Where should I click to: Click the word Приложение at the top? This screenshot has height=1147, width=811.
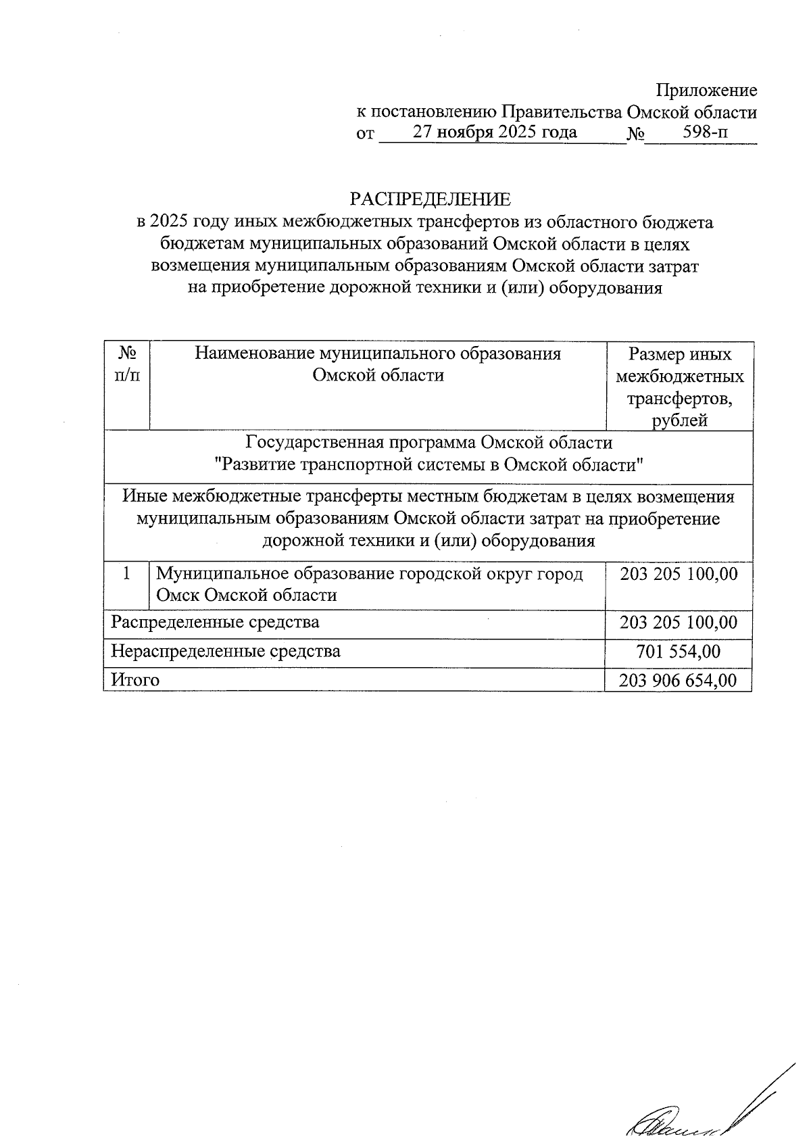(x=706, y=91)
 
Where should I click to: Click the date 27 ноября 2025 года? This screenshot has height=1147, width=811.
(x=495, y=132)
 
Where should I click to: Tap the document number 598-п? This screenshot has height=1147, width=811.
(x=706, y=132)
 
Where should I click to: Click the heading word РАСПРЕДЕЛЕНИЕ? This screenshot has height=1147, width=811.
(x=430, y=199)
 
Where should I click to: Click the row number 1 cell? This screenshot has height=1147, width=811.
(x=126, y=574)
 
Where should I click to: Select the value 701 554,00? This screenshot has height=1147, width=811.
(x=678, y=652)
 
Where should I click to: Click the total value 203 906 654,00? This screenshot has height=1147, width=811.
(x=678, y=680)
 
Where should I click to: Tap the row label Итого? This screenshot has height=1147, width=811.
(x=135, y=680)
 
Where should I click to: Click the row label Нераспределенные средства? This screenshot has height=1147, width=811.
(x=226, y=652)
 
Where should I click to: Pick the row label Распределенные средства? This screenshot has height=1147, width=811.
(x=215, y=622)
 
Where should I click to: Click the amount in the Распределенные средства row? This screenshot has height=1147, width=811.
(x=678, y=622)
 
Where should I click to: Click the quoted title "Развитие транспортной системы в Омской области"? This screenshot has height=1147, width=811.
(x=428, y=466)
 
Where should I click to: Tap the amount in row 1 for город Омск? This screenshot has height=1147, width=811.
(x=678, y=574)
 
